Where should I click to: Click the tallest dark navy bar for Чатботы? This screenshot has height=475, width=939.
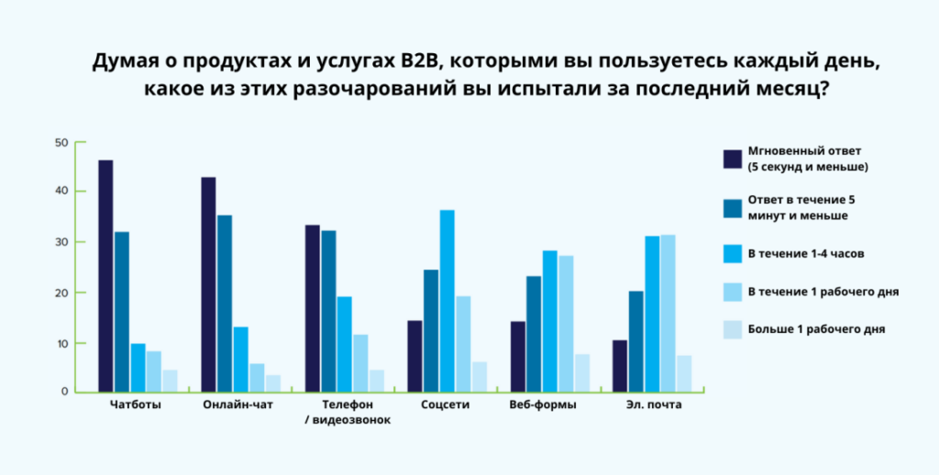pyautogui.click(x=105, y=275)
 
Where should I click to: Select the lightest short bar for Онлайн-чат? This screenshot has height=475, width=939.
pyautogui.click(x=273, y=382)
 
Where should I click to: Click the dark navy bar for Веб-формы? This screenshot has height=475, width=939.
pyautogui.click(x=518, y=357)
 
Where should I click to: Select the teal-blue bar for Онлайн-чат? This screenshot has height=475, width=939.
pyautogui.click(x=225, y=303)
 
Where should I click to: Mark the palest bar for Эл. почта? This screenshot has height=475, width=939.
pyautogui.click(x=684, y=373)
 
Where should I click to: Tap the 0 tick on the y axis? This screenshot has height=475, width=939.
pyautogui.click(x=65, y=392)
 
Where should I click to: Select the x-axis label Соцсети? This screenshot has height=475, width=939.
pyautogui.click(x=445, y=405)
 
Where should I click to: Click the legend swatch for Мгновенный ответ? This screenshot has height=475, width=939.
pyautogui.click(x=732, y=159)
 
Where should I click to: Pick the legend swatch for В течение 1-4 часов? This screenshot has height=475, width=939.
pyautogui.click(x=732, y=250)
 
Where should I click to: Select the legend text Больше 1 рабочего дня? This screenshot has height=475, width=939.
pyautogui.click(x=816, y=328)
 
